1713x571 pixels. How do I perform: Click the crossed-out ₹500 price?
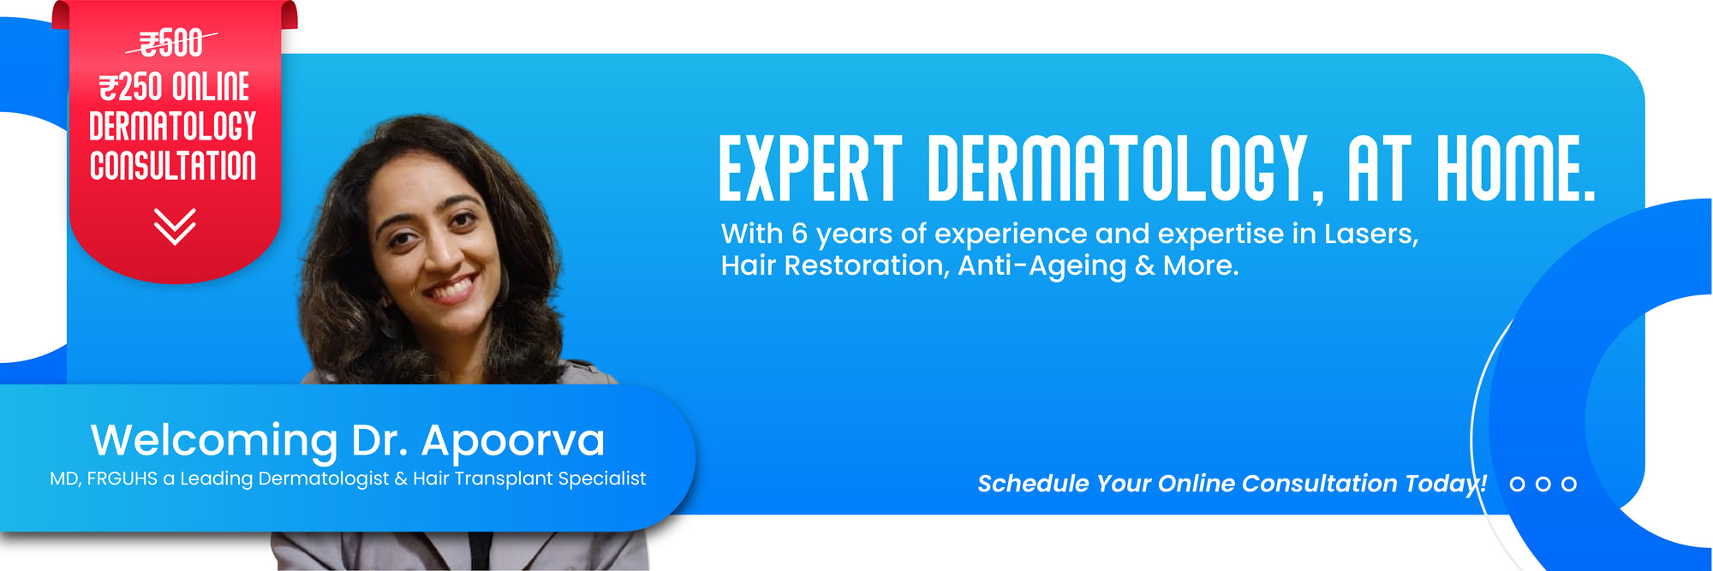pos(171,43)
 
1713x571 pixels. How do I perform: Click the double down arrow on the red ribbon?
pos(175,226)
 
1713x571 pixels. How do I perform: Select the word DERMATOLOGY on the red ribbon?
pos(173,126)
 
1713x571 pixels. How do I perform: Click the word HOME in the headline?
pos(1516,168)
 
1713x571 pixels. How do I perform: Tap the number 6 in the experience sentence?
pos(799,234)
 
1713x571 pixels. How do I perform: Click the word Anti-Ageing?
pos(1042,266)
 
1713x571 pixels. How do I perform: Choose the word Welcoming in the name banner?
pos(214,441)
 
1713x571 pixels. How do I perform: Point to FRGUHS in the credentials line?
pos(122,479)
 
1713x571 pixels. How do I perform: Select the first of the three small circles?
pos(1518,484)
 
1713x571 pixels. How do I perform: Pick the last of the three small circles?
pos(1569,484)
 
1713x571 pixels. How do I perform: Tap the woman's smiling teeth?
pos(452,286)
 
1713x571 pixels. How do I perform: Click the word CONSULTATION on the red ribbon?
pos(173,165)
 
